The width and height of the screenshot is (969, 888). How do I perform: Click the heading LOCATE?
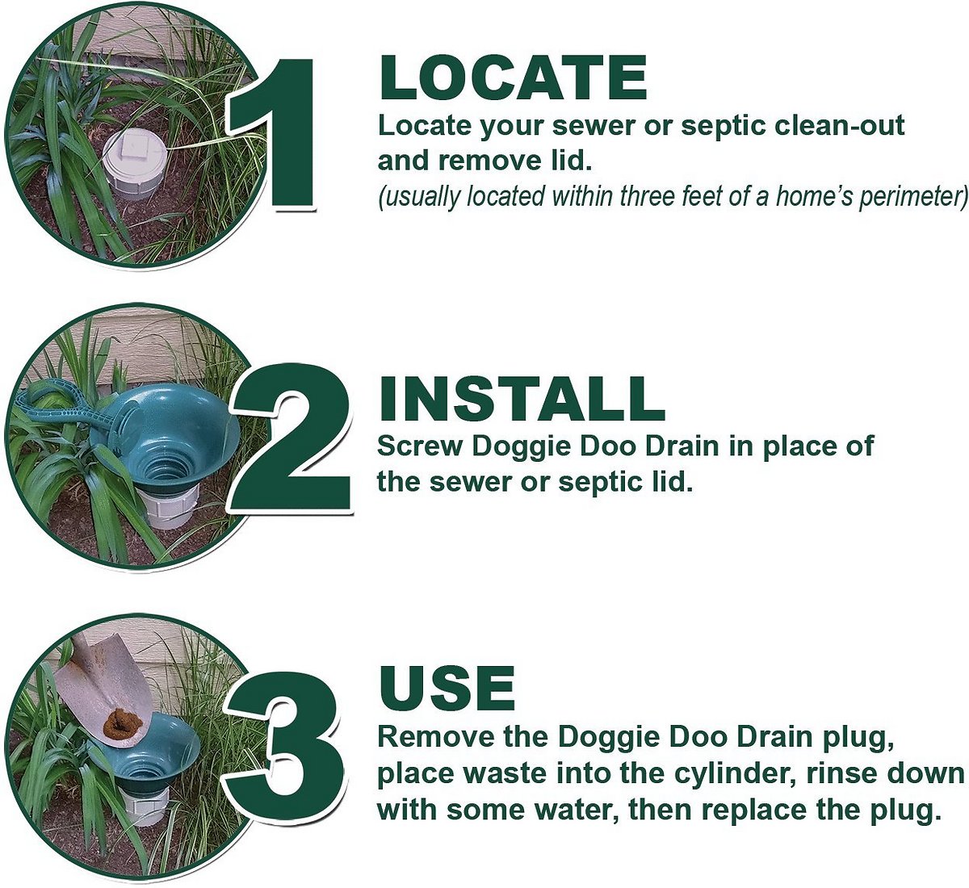click(x=513, y=78)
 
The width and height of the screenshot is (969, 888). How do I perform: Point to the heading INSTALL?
click(x=521, y=397)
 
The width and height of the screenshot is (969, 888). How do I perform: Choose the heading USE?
click(x=447, y=689)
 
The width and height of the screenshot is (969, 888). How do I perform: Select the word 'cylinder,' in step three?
click(x=750, y=773)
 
